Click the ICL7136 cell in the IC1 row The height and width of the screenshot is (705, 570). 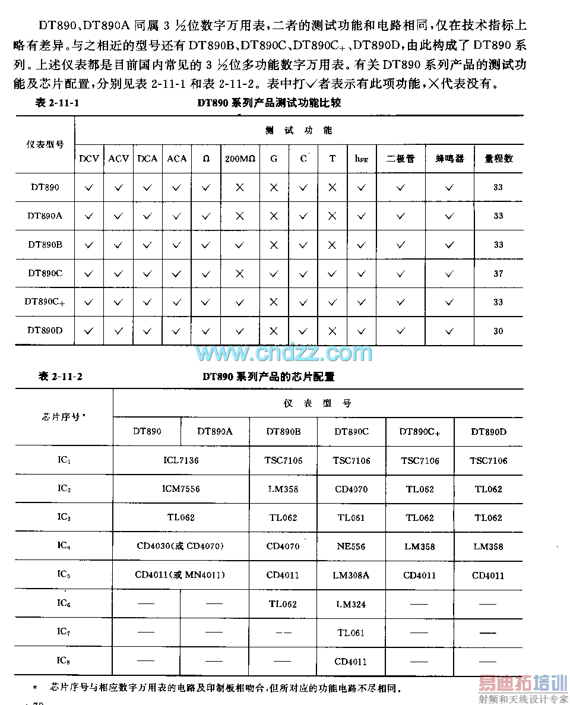pyautogui.click(x=181, y=460)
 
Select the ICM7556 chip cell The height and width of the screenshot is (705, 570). pyautogui.click(x=181, y=489)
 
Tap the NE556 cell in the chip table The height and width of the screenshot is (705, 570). pyautogui.click(x=351, y=546)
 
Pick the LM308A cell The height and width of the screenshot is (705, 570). pyautogui.click(x=351, y=575)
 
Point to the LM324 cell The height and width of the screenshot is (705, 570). pyautogui.click(x=351, y=604)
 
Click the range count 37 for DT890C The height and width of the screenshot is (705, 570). pyautogui.click(x=498, y=274)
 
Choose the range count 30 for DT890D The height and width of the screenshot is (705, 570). pyautogui.click(x=498, y=331)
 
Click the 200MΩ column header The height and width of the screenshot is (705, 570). pyautogui.click(x=240, y=159)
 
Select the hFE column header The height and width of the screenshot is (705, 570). pyautogui.click(x=361, y=159)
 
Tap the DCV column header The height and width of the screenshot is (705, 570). pyautogui.click(x=89, y=159)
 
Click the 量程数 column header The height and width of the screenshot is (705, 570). pyautogui.click(x=498, y=159)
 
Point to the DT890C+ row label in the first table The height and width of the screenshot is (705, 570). pyautogui.click(x=45, y=302)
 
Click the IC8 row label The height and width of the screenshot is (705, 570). pyautogui.click(x=64, y=660)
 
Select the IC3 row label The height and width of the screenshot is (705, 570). pyautogui.click(x=64, y=517)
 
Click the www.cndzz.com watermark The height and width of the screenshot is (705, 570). pyautogui.click(x=284, y=353)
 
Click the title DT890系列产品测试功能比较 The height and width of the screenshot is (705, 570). pyautogui.click(x=269, y=103)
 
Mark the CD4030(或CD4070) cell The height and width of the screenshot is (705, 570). pyautogui.click(x=180, y=546)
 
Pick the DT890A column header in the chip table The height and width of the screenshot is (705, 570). pyautogui.click(x=215, y=431)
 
